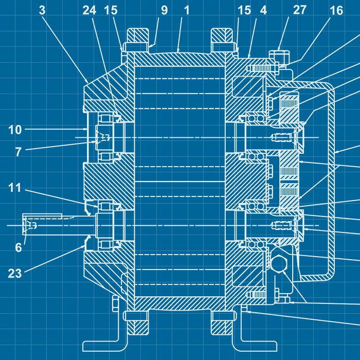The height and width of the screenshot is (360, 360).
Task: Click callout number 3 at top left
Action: (x=43, y=10)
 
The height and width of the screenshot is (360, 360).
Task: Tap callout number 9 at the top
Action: (x=164, y=10)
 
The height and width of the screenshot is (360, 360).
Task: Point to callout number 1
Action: (x=186, y=10)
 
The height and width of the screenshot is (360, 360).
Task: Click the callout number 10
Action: (x=15, y=130)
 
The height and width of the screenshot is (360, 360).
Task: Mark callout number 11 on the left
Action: (x=15, y=188)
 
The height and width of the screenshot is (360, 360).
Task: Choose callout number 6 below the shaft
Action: (x=19, y=247)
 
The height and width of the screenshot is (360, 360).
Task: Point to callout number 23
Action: (x=15, y=273)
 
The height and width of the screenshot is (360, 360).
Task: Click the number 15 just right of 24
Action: (x=111, y=10)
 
